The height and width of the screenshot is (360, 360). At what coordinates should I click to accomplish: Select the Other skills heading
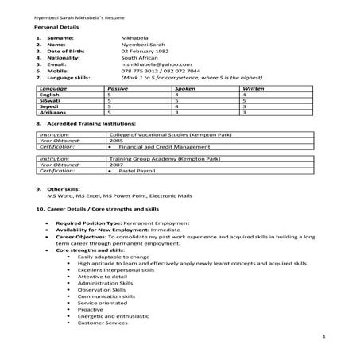tap(64, 188)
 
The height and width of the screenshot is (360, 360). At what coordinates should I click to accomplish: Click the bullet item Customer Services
tap(103, 323)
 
